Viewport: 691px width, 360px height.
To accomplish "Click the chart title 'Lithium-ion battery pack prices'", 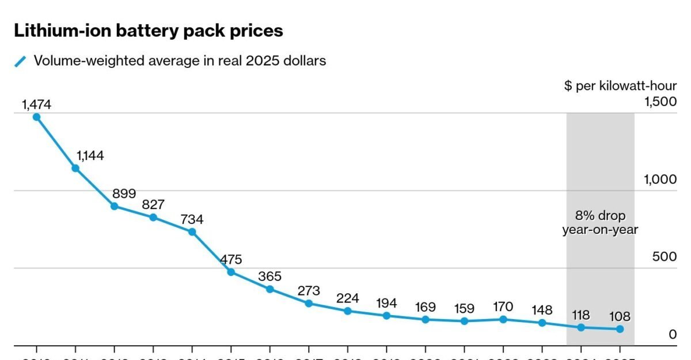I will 149,31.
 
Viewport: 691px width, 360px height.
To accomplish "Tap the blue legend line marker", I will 21,61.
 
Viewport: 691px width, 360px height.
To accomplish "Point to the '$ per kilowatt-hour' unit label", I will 620,86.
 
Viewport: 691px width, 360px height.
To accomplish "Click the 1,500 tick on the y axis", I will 660,101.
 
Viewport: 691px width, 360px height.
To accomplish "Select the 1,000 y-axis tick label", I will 660,179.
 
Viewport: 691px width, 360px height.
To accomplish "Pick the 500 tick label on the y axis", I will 665,257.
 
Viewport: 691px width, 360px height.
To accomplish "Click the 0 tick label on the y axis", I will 673,335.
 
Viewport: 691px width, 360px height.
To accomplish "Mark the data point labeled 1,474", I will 36,117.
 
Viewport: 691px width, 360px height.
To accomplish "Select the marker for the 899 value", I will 114,206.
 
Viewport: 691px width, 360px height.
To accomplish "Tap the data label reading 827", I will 153,204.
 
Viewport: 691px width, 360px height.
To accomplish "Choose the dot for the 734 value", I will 192,232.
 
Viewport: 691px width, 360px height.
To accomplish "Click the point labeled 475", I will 231,272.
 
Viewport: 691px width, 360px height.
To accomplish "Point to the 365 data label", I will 269,276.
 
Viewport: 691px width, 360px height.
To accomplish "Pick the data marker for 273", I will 309,304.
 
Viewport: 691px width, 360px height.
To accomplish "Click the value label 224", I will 347,298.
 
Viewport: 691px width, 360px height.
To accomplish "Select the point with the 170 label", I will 503,319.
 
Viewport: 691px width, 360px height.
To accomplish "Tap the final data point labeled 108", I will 620,329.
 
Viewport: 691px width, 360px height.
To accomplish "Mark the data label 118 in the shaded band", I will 580,316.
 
